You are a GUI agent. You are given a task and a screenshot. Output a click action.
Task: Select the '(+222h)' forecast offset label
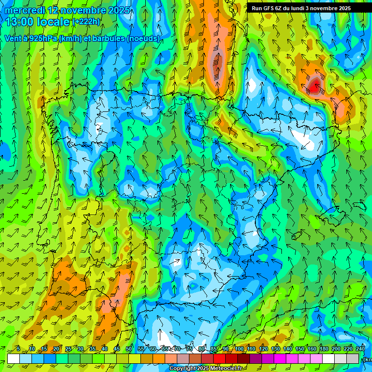coord(86,22)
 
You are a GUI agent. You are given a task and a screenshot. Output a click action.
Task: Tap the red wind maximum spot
coord(314,88)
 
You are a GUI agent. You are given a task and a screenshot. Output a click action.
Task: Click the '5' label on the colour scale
coord(18,349)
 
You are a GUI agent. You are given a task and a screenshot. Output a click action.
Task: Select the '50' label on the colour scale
coord(129,349)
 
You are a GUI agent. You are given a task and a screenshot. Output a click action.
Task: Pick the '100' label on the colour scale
coord(239,349)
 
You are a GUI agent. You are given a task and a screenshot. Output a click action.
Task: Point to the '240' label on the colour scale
coord(360,349)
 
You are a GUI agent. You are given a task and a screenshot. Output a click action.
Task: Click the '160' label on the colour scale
coord(312,349)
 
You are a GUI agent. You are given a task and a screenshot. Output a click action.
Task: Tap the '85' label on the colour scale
coord(214,349)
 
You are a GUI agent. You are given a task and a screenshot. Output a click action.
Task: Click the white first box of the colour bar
coord(14,358)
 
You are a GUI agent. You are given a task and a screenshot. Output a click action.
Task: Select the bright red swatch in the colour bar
coord(219,358)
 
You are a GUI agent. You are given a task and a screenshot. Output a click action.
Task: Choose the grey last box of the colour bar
coord(354,358)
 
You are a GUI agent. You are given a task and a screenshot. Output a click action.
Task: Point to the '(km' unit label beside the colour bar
coord(367,359)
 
